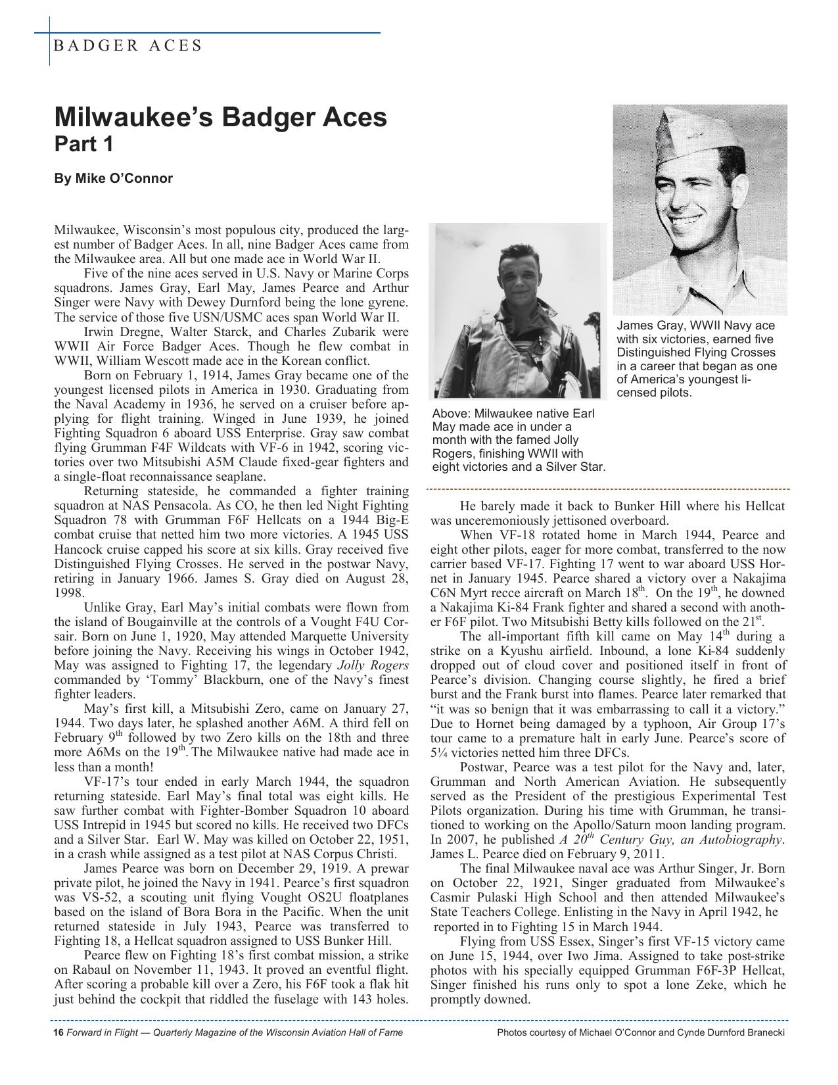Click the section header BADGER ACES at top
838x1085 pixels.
(128, 45)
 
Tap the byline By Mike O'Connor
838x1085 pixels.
(113, 178)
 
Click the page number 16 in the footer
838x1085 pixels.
(58, 1032)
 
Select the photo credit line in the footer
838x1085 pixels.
(641, 1032)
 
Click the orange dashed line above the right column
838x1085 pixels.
(608, 490)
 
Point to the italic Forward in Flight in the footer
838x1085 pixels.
(104, 1032)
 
